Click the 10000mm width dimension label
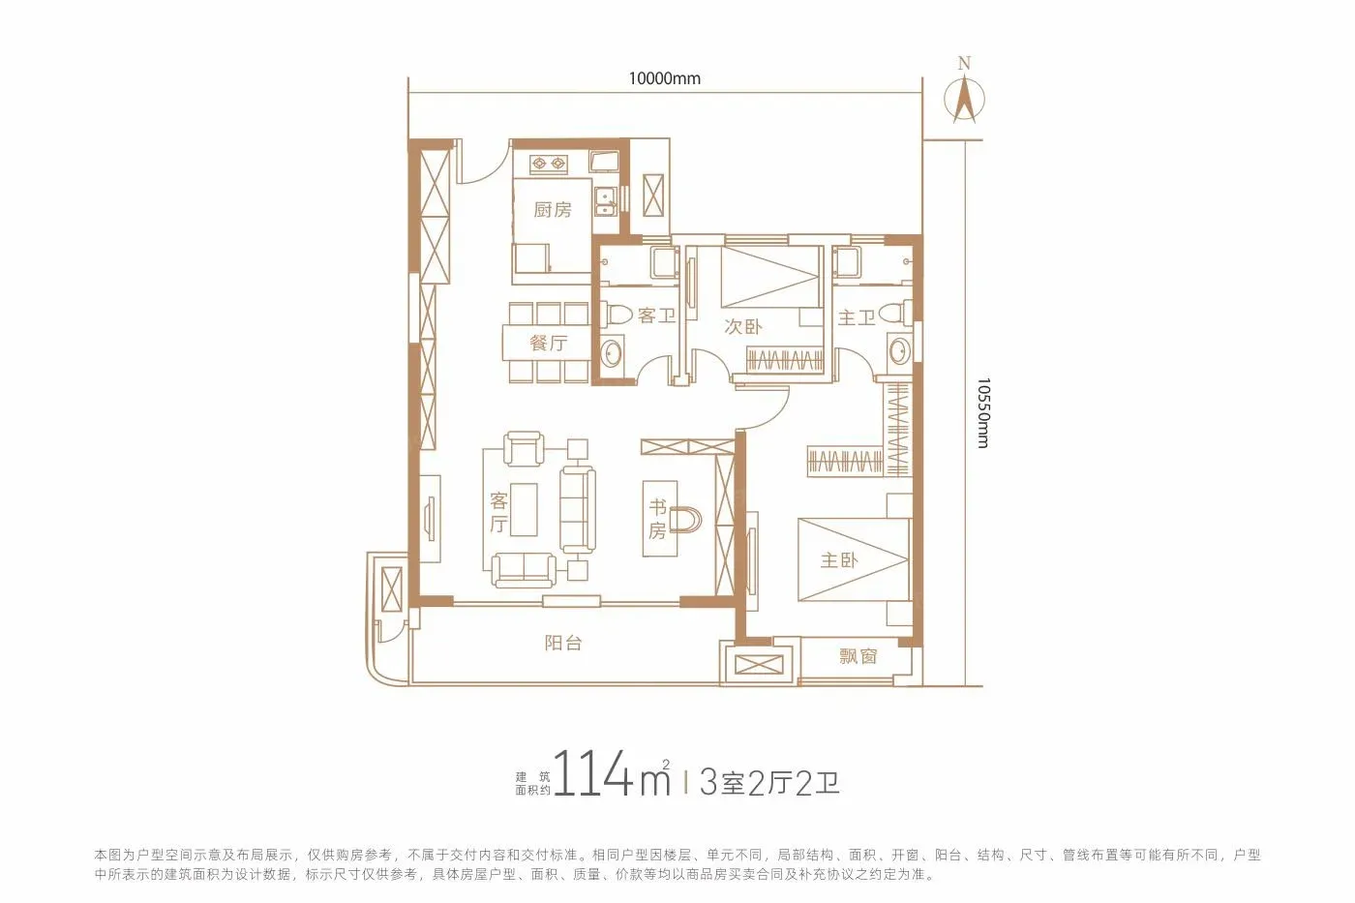(x=664, y=78)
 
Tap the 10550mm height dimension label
(x=983, y=413)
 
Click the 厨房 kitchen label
(x=553, y=210)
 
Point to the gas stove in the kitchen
(x=548, y=164)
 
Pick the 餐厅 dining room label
(x=548, y=343)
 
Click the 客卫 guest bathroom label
(x=656, y=316)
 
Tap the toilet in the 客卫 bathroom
(x=617, y=315)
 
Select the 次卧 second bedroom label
(x=743, y=326)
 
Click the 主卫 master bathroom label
(x=857, y=317)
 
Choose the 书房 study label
(x=657, y=519)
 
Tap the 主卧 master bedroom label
(x=839, y=560)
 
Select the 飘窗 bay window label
(x=858, y=656)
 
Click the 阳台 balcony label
(x=562, y=643)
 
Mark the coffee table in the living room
(x=524, y=509)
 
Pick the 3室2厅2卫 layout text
(x=769, y=783)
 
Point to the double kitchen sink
(x=604, y=201)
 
